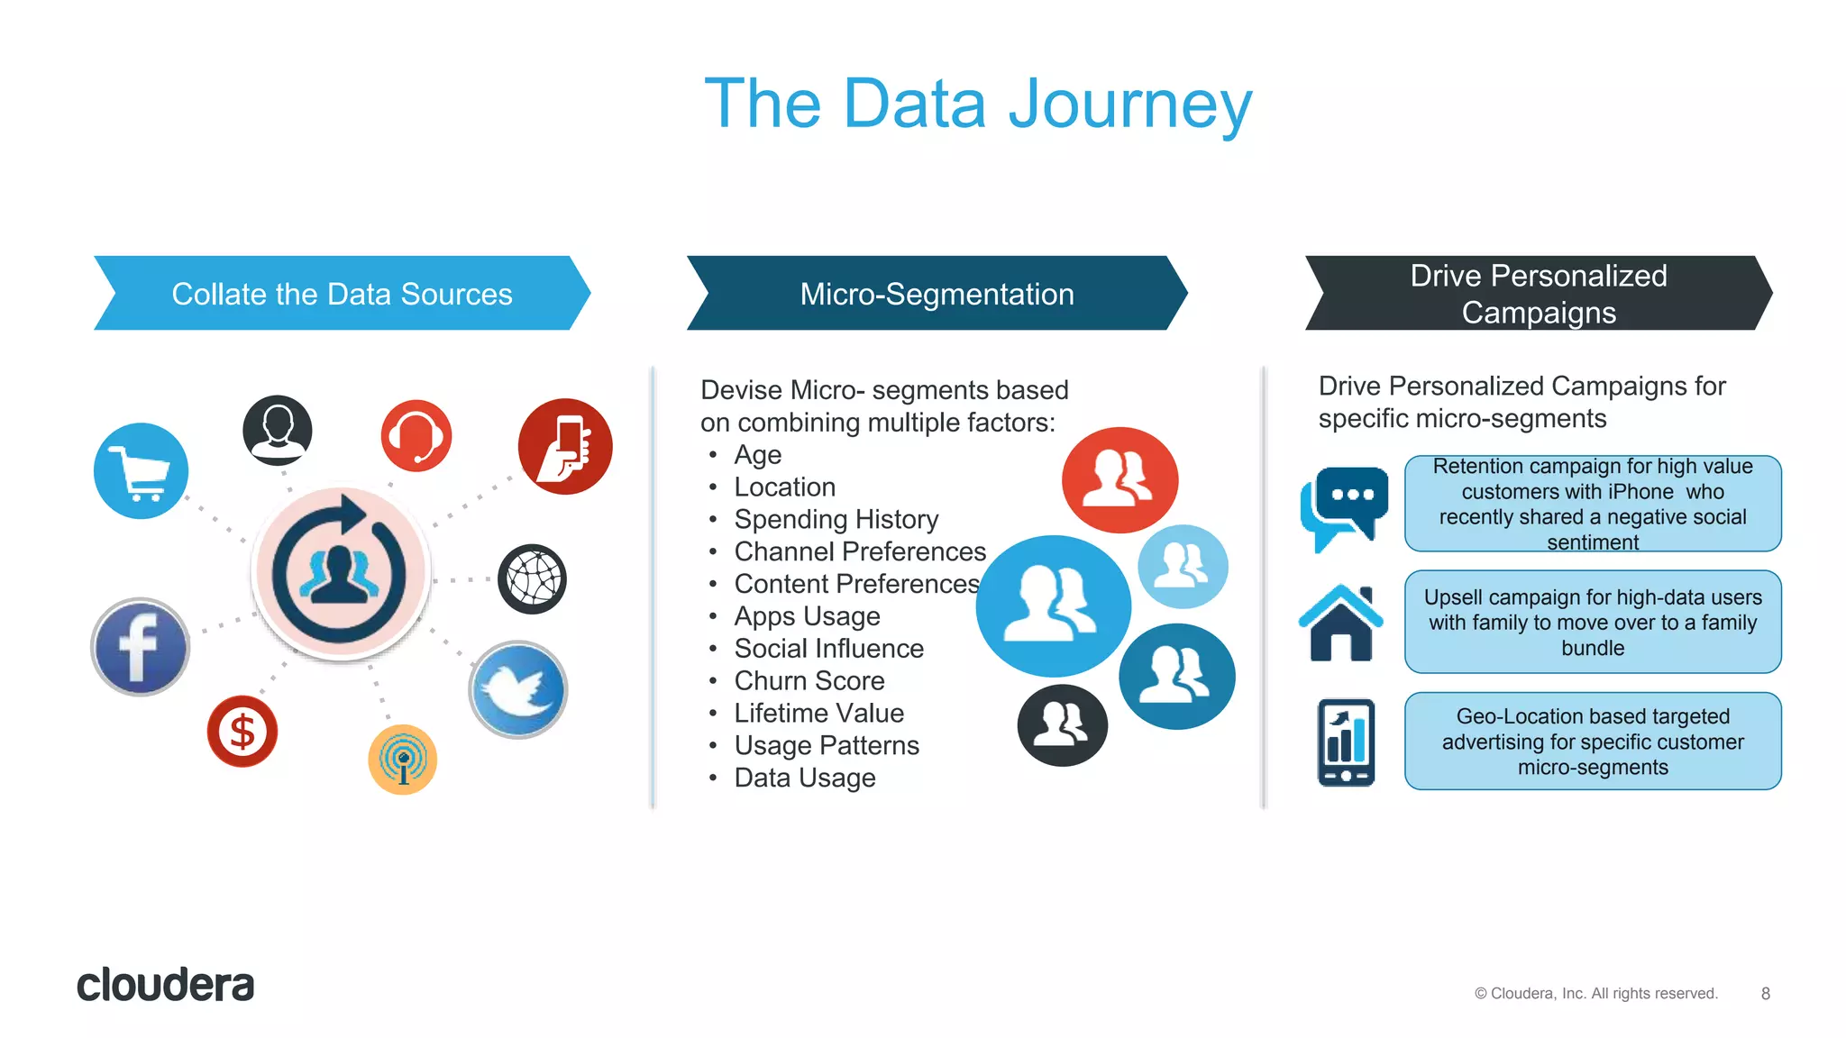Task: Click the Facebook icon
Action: coord(141,647)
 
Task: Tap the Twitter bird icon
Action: coord(518,690)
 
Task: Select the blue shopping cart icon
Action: coord(142,471)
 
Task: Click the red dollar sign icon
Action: coord(242,731)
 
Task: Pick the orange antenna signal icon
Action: coord(403,760)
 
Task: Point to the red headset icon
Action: coord(416,436)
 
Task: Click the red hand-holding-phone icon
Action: coord(565,447)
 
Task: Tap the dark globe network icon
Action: coord(533,579)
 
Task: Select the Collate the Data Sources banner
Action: coord(342,294)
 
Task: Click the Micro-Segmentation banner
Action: coord(937,294)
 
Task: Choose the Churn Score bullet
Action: coord(809,680)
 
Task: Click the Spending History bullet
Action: coord(836,519)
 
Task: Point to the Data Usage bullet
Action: coord(804,778)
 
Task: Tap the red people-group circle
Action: coord(1119,480)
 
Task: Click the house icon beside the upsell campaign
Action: coord(1340,623)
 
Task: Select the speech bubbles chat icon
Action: coord(1344,507)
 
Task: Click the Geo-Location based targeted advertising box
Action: coord(1592,742)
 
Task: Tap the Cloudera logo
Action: coord(166,985)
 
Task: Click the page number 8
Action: coord(1765,993)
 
